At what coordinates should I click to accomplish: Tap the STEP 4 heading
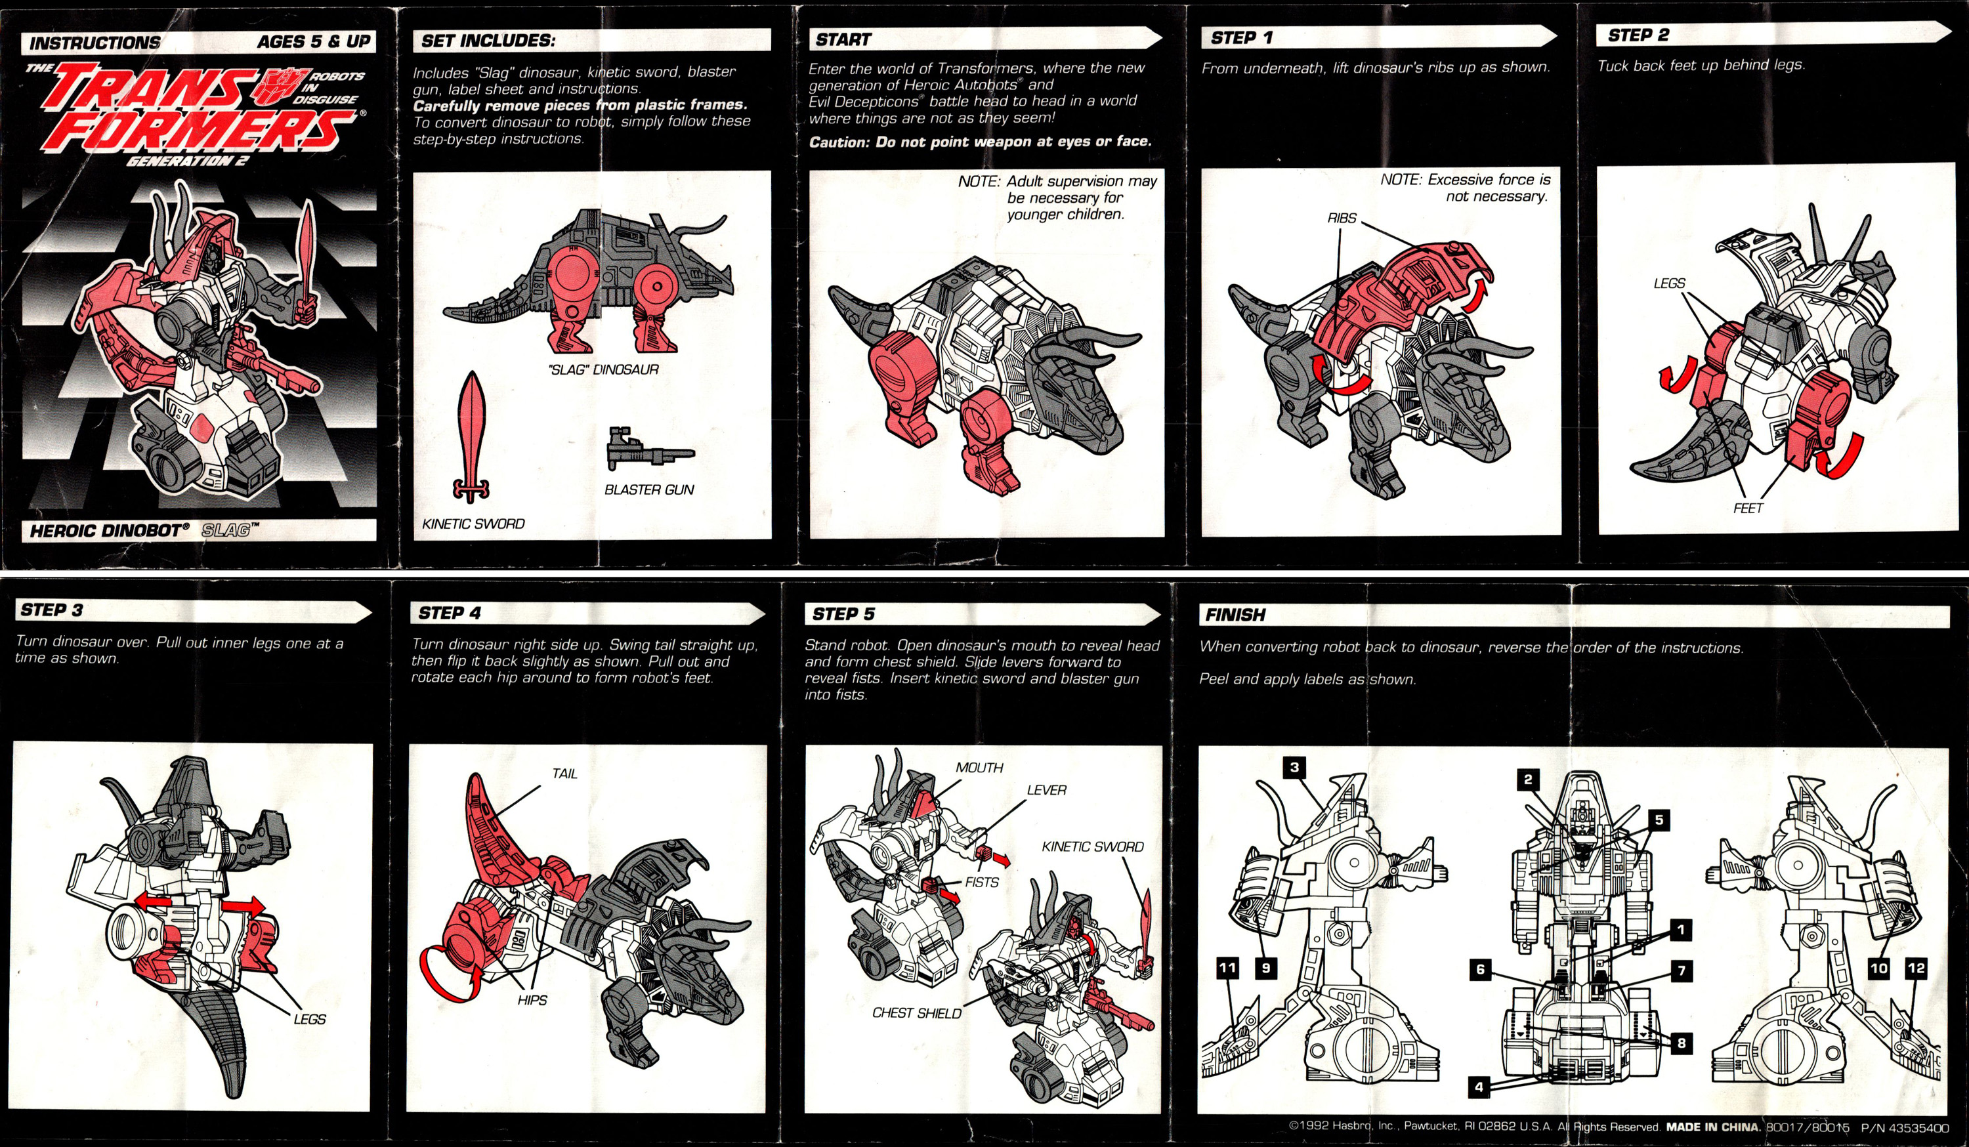pyautogui.click(x=450, y=614)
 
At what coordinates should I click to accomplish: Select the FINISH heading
pyautogui.click(x=1235, y=615)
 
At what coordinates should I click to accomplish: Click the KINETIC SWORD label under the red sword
pyautogui.click(x=473, y=524)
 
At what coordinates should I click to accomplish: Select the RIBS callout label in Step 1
pyautogui.click(x=1342, y=218)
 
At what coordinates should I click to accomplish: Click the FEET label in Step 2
pyautogui.click(x=1747, y=508)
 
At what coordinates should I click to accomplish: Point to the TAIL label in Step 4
pyautogui.click(x=564, y=774)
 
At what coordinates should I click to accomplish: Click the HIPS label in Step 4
pyautogui.click(x=532, y=1000)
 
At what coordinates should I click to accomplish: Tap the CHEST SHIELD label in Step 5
pyautogui.click(x=916, y=1013)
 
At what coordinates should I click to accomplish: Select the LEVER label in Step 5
pyautogui.click(x=1046, y=790)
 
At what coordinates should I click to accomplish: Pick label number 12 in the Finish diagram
pyautogui.click(x=1916, y=968)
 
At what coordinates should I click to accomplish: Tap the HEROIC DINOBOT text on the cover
pyautogui.click(x=108, y=531)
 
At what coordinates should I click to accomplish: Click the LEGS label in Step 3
pyautogui.click(x=309, y=1019)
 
